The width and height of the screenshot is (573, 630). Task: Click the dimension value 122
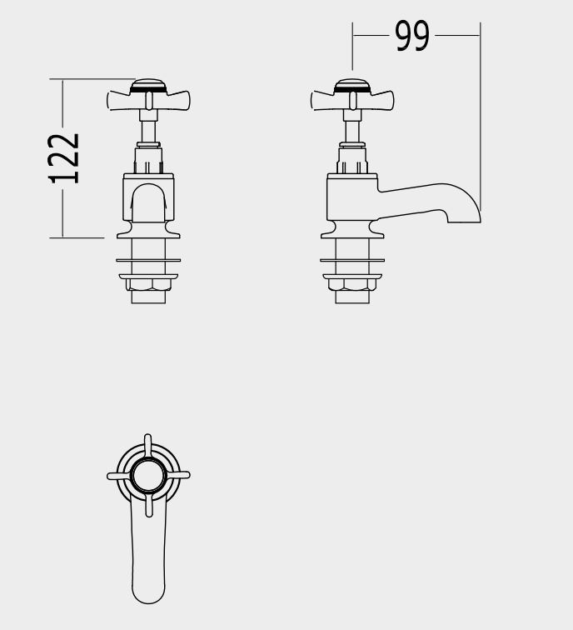coord(63,158)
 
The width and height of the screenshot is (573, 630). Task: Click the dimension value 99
coord(412,36)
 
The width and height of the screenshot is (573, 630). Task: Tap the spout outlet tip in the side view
coord(464,222)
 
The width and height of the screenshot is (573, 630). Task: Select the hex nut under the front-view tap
coord(148,284)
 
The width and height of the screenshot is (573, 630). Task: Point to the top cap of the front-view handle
coord(148,85)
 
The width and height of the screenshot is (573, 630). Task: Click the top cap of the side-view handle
coord(352,85)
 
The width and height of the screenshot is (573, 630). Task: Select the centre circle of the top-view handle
coord(148,476)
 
